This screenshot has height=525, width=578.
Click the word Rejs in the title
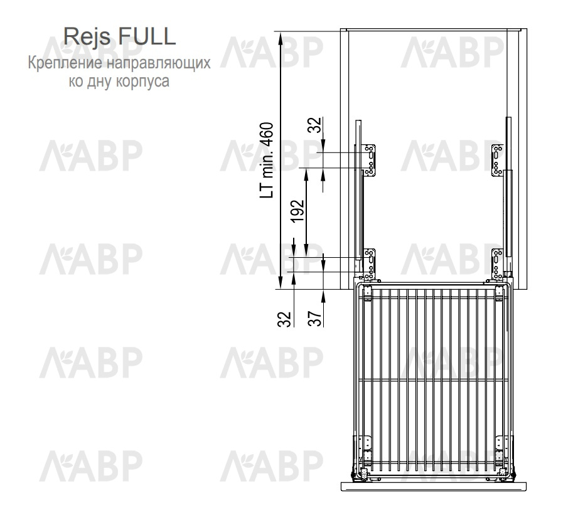pyautogui.click(x=87, y=37)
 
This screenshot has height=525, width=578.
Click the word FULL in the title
pyautogui.click(x=147, y=36)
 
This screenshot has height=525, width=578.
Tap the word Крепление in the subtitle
pyautogui.click(x=65, y=63)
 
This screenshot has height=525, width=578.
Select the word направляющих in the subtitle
pyautogui.click(x=159, y=63)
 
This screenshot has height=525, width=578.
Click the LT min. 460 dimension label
pyautogui.click(x=267, y=161)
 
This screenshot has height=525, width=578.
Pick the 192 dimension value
pyautogui.click(x=297, y=211)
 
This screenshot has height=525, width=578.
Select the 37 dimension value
pyautogui.click(x=315, y=319)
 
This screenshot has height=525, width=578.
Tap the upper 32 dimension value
pyautogui.click(x=315, y=125)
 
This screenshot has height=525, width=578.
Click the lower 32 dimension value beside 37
pyautogui.click(x=284, y=319)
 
